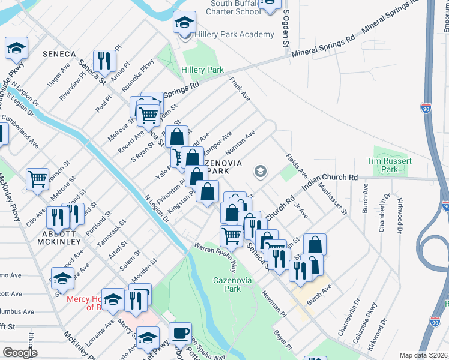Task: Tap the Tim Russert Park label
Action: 390,166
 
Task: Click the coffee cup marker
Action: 180,333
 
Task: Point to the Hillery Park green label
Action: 202,70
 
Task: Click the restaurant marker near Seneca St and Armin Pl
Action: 105,59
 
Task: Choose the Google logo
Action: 20,353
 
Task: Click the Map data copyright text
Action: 424,355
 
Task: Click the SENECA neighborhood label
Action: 59,54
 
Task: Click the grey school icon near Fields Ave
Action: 260,172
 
